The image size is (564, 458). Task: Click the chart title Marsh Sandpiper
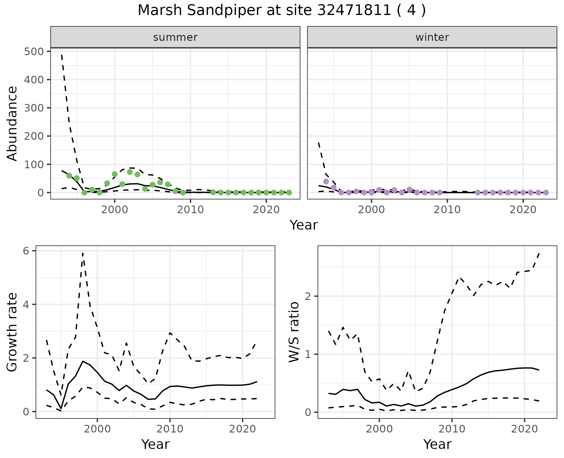pyautogui.click(x=281, y=11)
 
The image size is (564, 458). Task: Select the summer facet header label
pyautogui.click(x=175, y=37)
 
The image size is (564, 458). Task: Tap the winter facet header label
pyautogui.click(x=432, y=37)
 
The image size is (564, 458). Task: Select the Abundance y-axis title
pyautogui.click(x=12, y=123)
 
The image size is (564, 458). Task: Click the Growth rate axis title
pyautogui.click(x=12, y=332)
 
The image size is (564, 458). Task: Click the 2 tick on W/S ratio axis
pyautogui.click(x=308, y=296)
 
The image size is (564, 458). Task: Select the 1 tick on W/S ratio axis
pyautogui.click(x=308, y=354)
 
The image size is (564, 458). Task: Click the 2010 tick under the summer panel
pyautogui.click(x=190, y=210)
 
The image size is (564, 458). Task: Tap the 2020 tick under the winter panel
pyautogui.click(x=523, y=210)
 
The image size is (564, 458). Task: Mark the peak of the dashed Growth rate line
pyautogui.click(x=83, y=253)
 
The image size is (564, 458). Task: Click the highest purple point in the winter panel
pyautogui.click(x=326, y=181)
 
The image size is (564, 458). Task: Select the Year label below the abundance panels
pyautogui.click(x=304, y=225)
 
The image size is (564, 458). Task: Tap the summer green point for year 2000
pyautogui.click(x=115, y=174)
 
